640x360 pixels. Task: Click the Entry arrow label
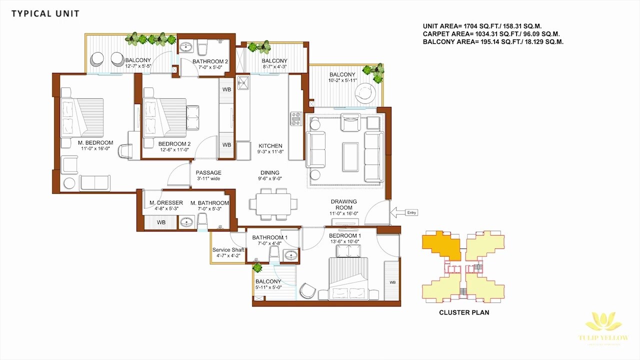(411, 212)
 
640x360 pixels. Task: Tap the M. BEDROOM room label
(95, 143)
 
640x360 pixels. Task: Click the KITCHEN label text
(270, 146)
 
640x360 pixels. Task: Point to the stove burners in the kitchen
(296, 118)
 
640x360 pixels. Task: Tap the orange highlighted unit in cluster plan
(440, 245)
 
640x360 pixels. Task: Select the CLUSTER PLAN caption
(464, 312)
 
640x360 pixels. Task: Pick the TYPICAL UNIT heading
(45, 13)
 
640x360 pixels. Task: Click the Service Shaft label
(228, 250)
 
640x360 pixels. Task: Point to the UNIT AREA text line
(482, 26)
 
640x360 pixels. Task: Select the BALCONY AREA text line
(493, 42)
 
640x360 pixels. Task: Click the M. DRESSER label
(166, 203)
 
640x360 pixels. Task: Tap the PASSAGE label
(208, 173)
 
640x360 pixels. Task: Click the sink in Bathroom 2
(185, 48)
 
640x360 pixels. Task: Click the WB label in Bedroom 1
(392, 282)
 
